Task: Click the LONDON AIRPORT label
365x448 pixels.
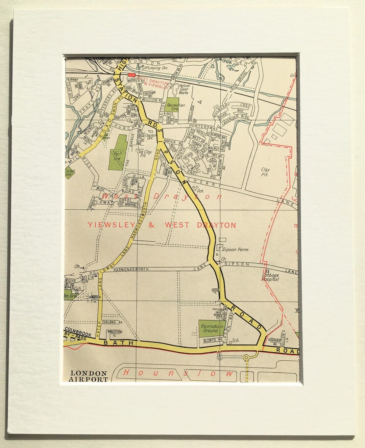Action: (x=89, y=376)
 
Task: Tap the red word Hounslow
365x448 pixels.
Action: (x=178, y=373)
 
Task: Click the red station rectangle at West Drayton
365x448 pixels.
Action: (x=131, y=75)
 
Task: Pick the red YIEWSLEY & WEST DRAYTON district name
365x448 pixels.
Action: (x=162, y=225)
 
